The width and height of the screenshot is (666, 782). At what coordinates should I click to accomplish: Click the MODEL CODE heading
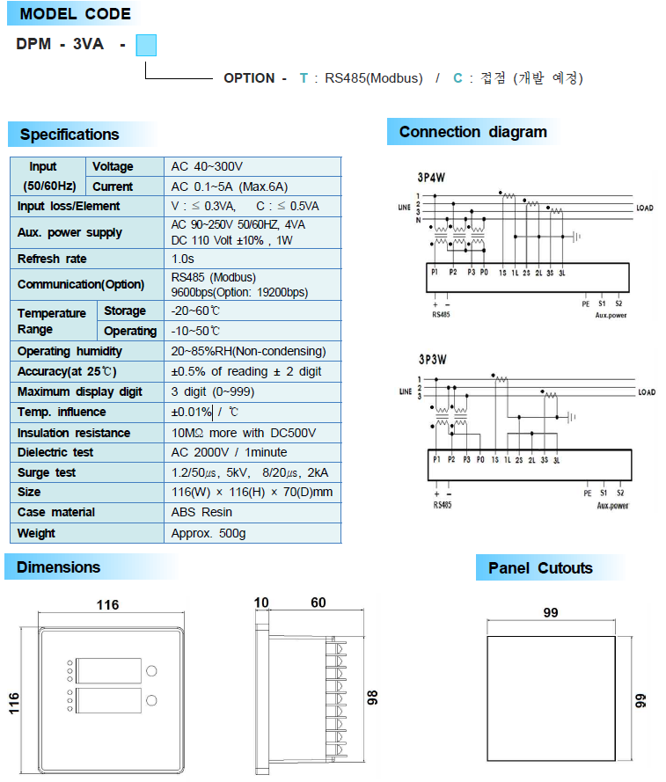pyautogui.click(x=75, y=14)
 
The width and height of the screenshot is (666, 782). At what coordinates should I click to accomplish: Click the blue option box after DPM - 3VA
pyautogui.click(x=146, y=45)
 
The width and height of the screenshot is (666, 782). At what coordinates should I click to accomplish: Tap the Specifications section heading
pyautogui.click(x=70, y=135)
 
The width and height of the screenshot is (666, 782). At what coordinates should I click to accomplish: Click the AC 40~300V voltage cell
pyautogui.click(x=208, y=166)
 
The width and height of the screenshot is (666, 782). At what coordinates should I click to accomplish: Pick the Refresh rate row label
pyautogui.click(x=52, y=259)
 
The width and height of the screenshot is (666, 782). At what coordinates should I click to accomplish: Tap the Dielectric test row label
pyautogui.click(x=55, y=452)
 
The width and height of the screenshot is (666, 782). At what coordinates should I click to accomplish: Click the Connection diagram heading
pyautogui.click(x=472, y=132)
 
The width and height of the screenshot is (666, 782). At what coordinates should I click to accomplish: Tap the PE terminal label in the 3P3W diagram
pyautogui.click(x=587, y=493)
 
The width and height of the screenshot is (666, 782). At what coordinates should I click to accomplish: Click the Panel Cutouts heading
pyautogui.click(x=540, y=568)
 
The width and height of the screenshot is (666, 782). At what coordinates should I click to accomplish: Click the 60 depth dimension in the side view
pyautogui.click(x=318, y=603)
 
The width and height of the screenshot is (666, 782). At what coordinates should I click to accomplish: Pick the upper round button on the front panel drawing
pyautogui.click(x=151, y=671)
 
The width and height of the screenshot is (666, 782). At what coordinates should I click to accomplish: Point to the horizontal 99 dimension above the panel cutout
pyautogui.click(x=551, y=613)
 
